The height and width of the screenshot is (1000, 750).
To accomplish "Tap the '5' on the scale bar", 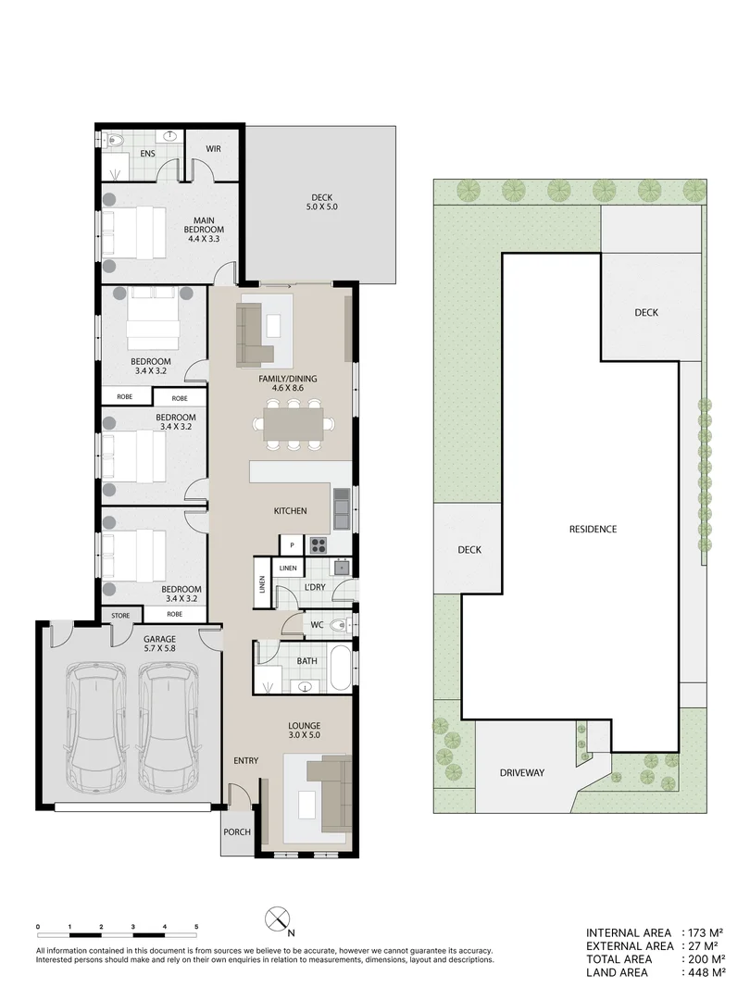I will tap(196, 926).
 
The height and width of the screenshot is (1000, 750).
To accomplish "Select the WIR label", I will tap(213, 148).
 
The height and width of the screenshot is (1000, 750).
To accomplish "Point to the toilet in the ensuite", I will tap(114, 141).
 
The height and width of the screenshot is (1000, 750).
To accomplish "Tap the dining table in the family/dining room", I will tap(293, 425).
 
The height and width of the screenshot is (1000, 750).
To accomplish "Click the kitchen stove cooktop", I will tap(319, 544).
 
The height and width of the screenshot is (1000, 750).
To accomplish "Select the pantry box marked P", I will tap(292, 545).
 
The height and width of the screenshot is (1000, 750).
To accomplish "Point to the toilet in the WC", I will tap(342, 625).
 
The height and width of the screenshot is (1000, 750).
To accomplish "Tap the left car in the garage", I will tap(95, 727).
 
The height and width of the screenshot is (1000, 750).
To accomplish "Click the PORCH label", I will tap(237, 831).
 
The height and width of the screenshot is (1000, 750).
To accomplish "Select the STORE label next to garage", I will tap(120, 614).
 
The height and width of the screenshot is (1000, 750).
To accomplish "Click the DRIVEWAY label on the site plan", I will tap(522, 771).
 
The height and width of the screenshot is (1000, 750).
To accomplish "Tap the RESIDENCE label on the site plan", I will tap(593, 529).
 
